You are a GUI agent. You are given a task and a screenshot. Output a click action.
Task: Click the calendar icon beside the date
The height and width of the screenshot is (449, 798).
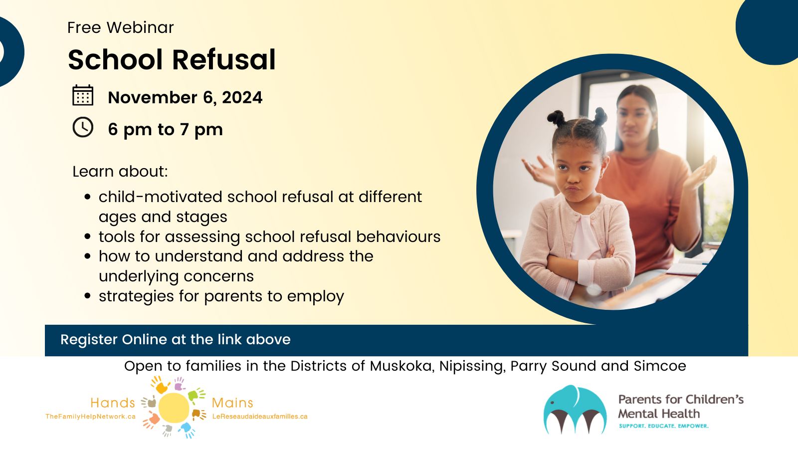(83, 95)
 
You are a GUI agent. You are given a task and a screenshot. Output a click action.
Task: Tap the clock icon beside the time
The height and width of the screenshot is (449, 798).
(83, 127)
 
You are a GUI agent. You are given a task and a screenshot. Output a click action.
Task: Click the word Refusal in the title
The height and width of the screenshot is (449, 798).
(224, 59)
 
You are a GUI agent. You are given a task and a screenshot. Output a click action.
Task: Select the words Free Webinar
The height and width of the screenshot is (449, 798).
(120, 27)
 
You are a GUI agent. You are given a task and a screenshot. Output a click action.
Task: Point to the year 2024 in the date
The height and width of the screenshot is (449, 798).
(242, 97)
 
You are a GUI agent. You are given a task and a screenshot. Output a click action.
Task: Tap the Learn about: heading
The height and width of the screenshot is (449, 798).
(120, 172)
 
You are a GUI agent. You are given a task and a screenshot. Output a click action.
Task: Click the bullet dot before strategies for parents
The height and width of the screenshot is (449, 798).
(88, 296)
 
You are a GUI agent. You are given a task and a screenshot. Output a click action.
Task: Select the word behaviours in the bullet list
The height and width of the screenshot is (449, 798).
(399, 236)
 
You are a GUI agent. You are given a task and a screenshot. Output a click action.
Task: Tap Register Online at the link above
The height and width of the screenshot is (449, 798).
(176, 340)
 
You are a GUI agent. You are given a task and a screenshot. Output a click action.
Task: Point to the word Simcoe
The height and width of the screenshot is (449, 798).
(660, 366)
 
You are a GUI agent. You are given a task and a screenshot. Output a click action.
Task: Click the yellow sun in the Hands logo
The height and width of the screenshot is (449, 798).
(174, 407)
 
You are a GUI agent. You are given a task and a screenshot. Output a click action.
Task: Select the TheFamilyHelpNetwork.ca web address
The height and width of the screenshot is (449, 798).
(90, 417)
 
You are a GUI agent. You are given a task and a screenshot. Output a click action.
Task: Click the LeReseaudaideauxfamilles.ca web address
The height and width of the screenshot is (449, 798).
(260, 417)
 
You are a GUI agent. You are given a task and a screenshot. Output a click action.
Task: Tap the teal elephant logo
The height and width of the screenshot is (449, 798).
(575, 410)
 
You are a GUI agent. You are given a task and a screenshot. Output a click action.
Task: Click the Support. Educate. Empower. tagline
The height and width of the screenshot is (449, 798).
(664, 426)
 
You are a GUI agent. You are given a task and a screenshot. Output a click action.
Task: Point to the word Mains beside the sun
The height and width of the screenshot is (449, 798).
(232, 403)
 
